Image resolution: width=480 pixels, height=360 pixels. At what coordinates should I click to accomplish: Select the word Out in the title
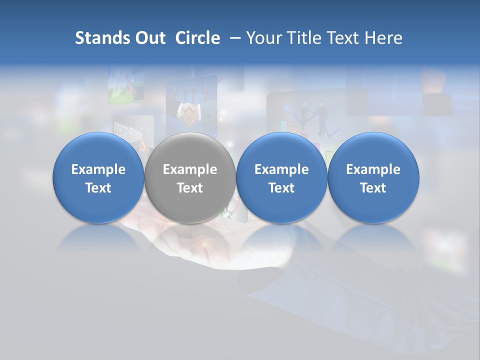click(149, 38)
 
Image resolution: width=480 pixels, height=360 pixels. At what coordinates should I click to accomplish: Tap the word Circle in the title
click(197, 38)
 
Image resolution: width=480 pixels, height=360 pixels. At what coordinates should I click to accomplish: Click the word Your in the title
click(262, 38)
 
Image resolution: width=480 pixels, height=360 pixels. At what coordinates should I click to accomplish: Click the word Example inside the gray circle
click(190, 169)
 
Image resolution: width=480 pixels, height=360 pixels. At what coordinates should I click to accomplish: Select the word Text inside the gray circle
click(190, 188)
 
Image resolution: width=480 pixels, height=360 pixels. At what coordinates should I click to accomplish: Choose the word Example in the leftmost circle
click(98, 169)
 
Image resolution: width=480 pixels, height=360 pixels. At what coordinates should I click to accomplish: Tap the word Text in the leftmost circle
click(98, 188)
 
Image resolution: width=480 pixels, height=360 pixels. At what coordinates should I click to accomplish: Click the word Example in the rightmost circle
click(373, 169)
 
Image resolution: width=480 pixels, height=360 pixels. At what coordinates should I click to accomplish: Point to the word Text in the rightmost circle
click(373, 188)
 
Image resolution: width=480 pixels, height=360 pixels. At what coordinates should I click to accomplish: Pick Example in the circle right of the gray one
click(281, 169)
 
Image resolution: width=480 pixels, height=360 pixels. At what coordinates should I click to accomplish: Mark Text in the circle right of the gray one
click(281, 188)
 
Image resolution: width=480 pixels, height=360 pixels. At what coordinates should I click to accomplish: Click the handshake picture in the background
click(189, 114)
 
